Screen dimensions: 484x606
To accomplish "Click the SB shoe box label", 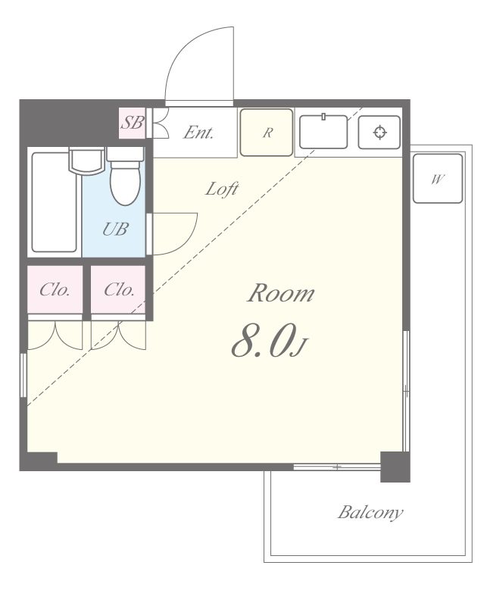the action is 132,123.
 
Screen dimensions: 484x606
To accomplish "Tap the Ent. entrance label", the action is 198,133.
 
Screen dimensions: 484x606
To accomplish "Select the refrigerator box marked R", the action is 267,133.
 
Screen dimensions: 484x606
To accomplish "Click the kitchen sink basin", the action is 323,131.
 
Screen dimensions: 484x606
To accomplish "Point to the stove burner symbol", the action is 379,132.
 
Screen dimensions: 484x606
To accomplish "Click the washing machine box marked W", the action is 438,179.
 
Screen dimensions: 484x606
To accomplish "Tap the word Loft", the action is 222,189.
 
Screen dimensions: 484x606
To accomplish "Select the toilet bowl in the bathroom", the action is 124,183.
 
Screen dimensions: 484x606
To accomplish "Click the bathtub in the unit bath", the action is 54,202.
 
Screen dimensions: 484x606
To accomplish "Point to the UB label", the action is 115,230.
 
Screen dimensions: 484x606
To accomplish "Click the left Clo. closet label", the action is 55,289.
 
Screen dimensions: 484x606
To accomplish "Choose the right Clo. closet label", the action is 119,289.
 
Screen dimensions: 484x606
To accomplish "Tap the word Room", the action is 281,293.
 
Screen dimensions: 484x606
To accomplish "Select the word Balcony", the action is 370,513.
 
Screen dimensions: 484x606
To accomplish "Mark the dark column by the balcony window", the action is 395,467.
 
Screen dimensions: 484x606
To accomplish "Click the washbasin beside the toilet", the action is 86,161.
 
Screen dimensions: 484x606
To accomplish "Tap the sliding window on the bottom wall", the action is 337,467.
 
